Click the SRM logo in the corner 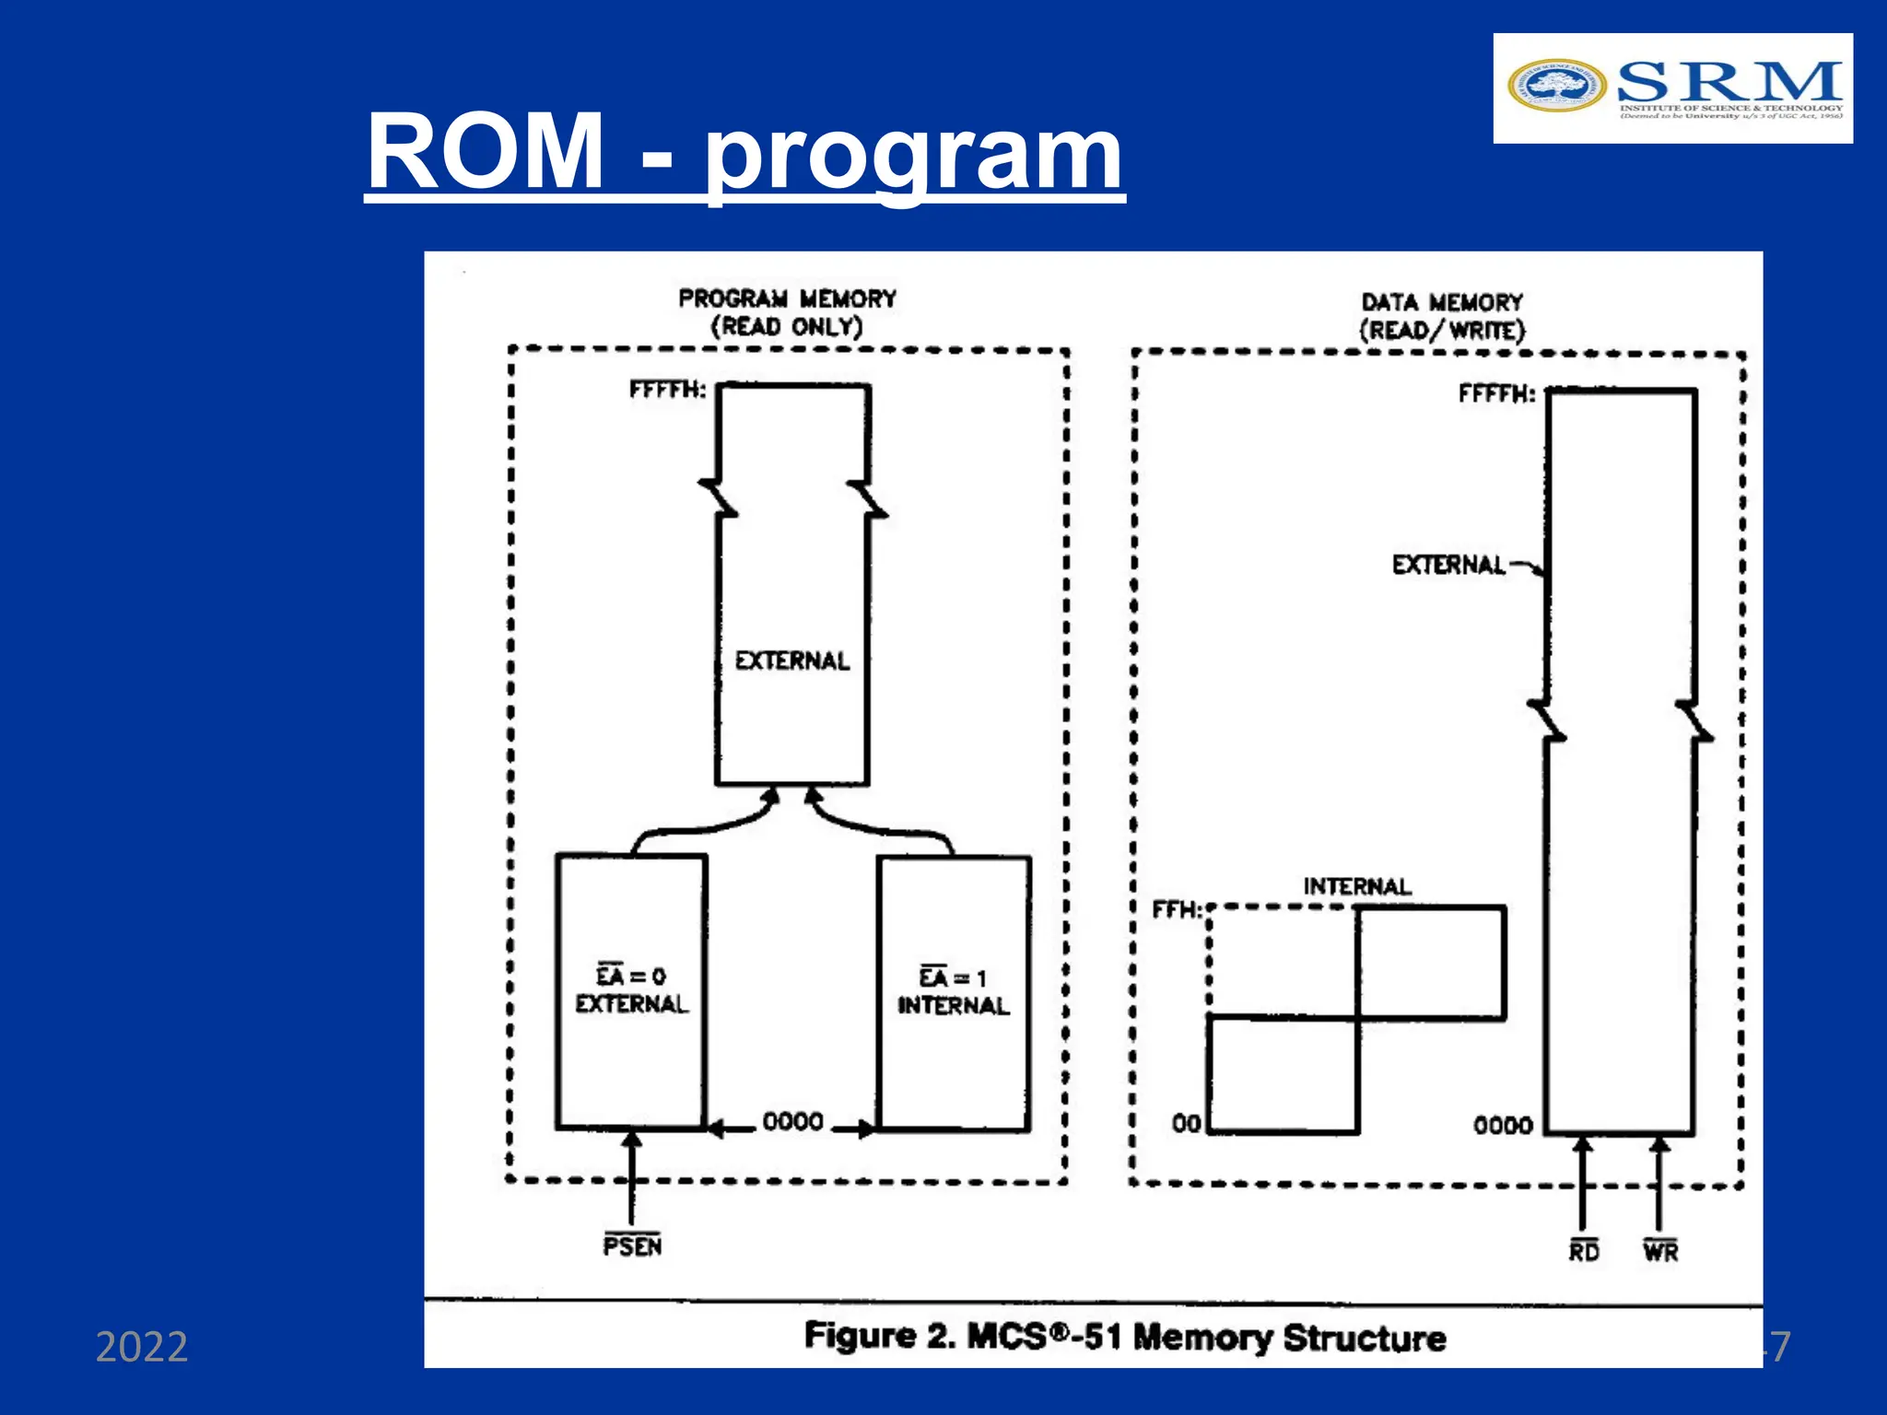(1672, 88)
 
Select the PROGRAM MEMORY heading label (787, 298)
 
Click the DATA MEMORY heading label (1442, 302)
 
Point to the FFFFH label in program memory (667, 390)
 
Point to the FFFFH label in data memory (1496, 394)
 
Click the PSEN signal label (632, 1246)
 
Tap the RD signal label (1584, 1251)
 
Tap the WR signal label (1660, 1251)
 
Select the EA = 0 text (631, 976)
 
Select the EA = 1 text (953, 977)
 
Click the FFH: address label (1177, 910)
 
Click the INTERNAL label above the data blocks (1356, 886)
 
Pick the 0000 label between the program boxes (793, 1122)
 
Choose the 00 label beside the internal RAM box (1186, 1124)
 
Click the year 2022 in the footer (142, 1347)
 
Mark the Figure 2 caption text (1124, 1337)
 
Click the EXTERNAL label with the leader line (1448, 565)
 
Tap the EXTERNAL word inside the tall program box (792, 661)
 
